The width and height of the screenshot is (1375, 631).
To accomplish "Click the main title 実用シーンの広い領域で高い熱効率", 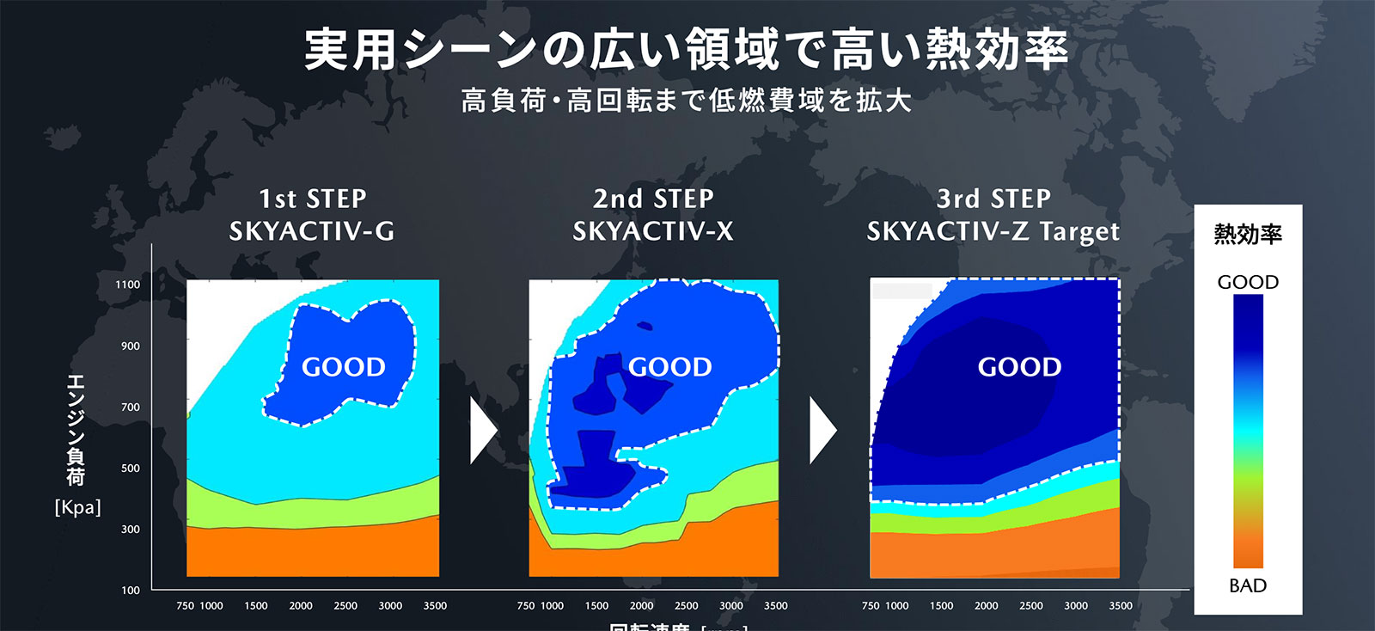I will pyautogui.click(x=687, y=50).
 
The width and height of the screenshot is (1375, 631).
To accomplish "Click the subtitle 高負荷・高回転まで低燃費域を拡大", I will pyautogui.click(x=687, y=101).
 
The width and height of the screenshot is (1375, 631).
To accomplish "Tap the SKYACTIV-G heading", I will pyautogui.click(x=312, y=231).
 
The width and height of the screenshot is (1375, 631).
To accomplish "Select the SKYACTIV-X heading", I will pyautogui.click(x=653, y=231).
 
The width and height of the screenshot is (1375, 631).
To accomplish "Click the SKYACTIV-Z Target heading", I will pyautogui.click(x=993, y=231).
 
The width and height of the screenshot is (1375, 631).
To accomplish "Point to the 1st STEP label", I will pyautogui.click(x=313, y=199).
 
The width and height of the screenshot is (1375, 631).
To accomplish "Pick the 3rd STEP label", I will pyautogui.click(x=993, y=199).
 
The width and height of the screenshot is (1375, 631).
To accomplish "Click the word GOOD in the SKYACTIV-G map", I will pyautogui.click(x=343, y=367).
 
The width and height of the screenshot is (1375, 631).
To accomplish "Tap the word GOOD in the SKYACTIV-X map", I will pyautogui.click(x=669, y=367).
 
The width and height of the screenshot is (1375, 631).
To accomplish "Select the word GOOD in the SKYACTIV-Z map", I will pyautogui.click(x=1019, y=367).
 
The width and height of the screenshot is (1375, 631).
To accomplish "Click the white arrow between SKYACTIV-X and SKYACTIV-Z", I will pyautogui.click(x=822, y=430).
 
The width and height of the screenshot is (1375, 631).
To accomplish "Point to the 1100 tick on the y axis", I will pyautogui.click(x=128, y=285).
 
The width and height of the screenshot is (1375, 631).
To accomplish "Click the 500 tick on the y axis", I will pyautogui.click(x=130, y=469).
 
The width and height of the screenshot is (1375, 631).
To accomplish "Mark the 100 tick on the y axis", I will pyautogui.click(x=130, y=591).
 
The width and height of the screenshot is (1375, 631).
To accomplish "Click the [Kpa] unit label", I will pyautogui.click(x=77, y=507).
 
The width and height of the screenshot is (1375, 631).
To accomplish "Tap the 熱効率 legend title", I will pyautogui.click(x=1248, y=234).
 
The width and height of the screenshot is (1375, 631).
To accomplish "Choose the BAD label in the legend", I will pyautogui.click(x=1248, y=585).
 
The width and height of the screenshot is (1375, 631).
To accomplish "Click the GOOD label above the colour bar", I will pyautogui.click(x=1248, y=282).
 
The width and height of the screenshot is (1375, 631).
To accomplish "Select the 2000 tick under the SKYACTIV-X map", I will pyautogui.click(x=641, y=606).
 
